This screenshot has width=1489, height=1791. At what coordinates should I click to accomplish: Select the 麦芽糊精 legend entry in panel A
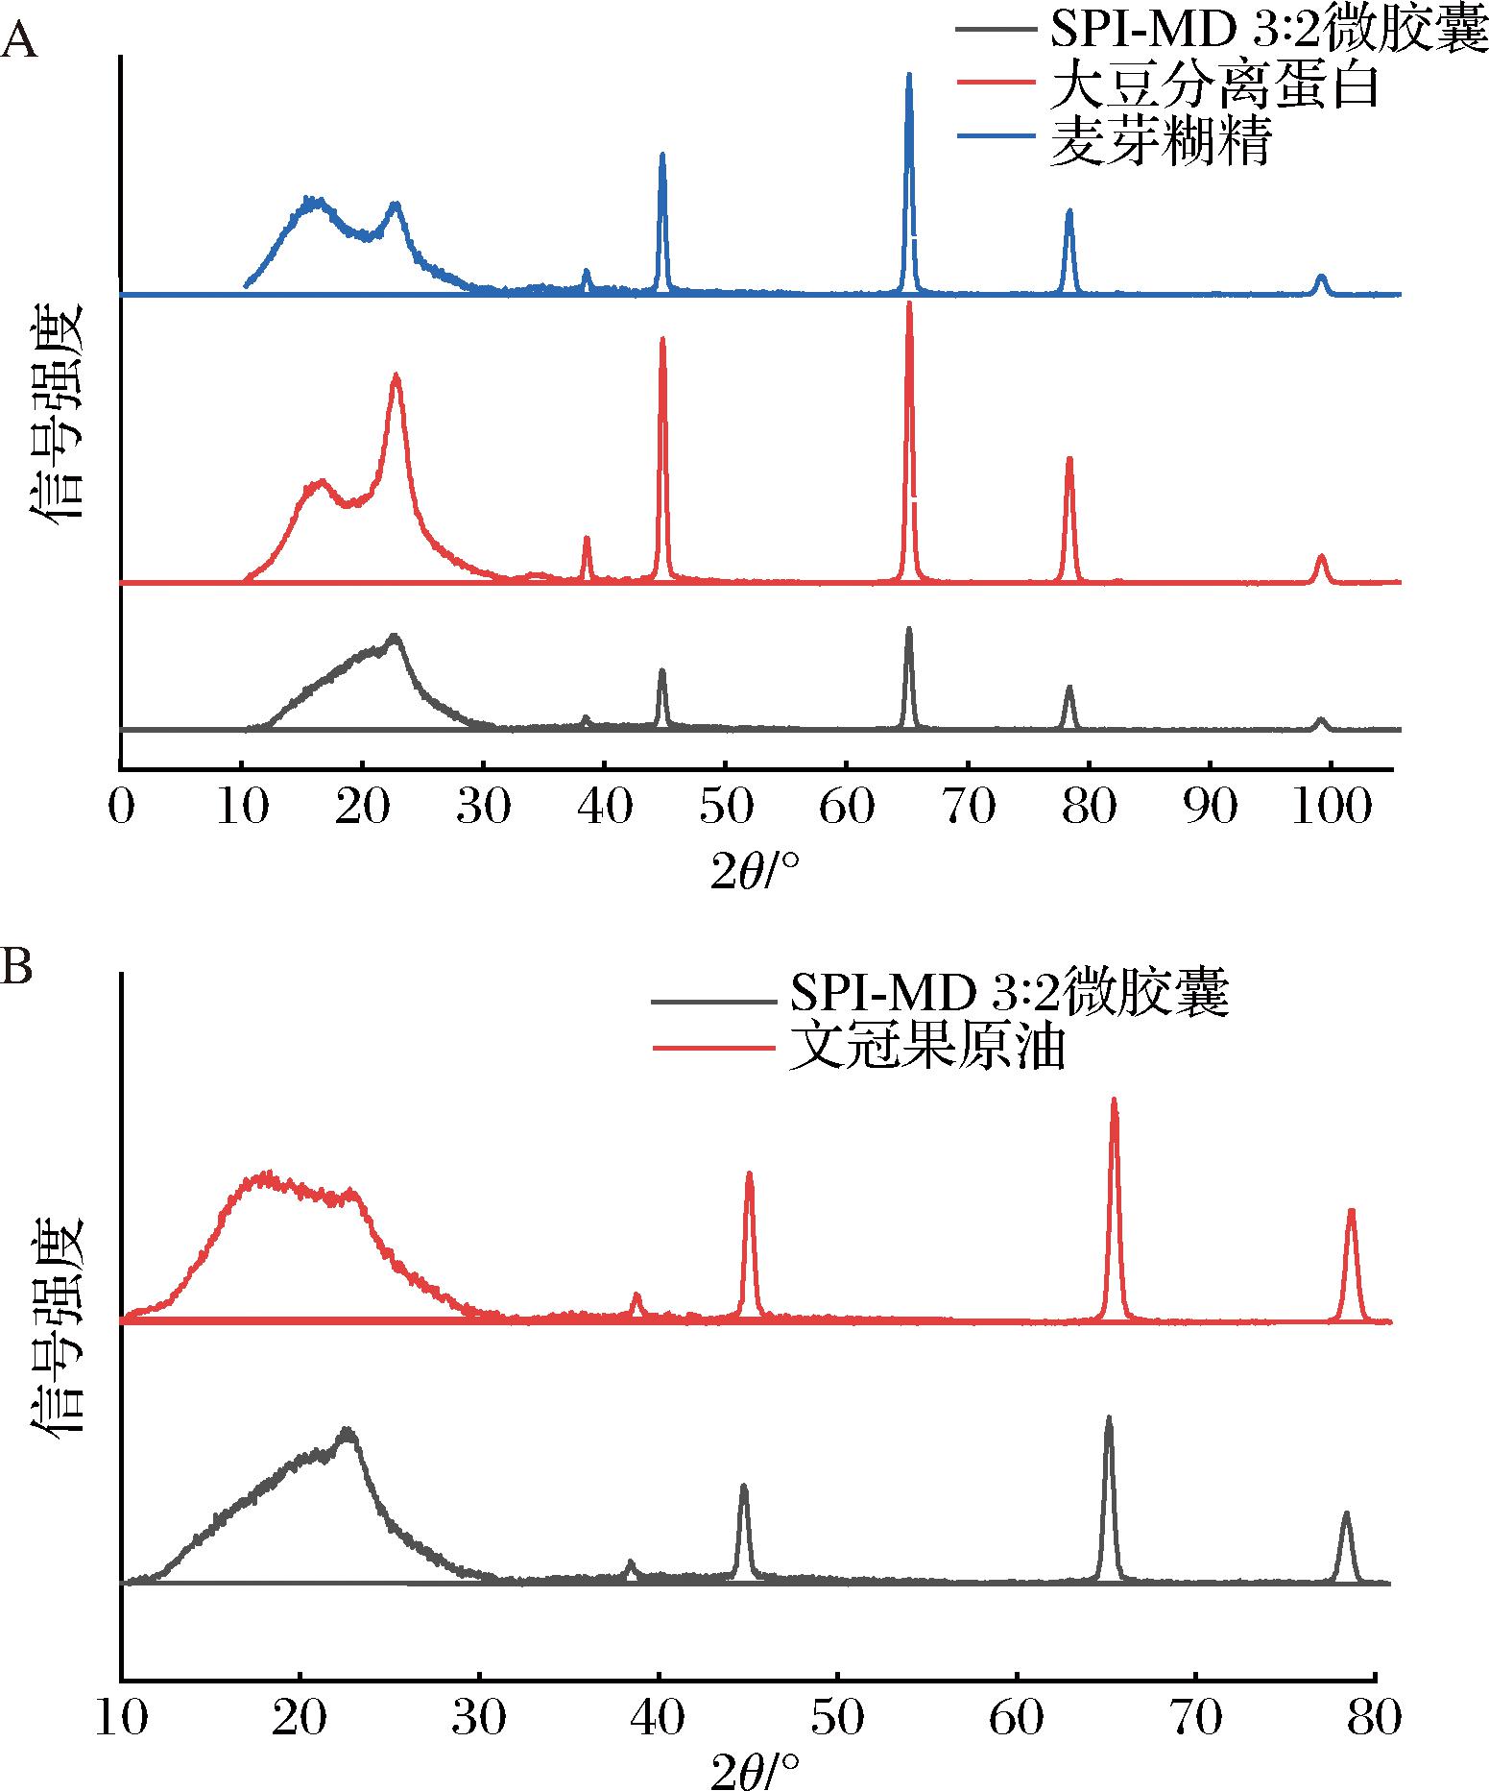[1161, 143]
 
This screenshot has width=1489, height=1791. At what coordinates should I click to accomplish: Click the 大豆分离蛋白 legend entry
[1214, 89]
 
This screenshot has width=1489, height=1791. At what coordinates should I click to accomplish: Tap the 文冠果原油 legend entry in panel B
[926, 1049]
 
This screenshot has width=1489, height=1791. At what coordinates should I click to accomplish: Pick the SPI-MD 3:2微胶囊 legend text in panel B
[1008, 995]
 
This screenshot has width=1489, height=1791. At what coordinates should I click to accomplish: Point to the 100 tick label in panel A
[1331, 810]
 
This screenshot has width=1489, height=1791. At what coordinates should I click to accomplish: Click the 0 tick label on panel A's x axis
[120, 810]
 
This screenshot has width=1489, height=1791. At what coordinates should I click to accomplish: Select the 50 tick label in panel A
[726, 810]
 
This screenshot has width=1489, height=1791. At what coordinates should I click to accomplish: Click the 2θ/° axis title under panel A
[755, 870]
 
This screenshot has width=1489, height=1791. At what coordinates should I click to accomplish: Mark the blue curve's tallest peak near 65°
[908, 77]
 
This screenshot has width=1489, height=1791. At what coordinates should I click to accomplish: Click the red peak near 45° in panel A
[661, 341]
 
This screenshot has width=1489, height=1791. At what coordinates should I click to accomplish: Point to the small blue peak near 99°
[1321, 278]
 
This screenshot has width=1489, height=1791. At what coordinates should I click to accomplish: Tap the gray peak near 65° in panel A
[908, 631]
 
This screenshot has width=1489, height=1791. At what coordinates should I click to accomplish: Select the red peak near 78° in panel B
[1351, 1212]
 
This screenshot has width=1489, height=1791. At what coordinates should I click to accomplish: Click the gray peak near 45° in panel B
[743, 1514]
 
